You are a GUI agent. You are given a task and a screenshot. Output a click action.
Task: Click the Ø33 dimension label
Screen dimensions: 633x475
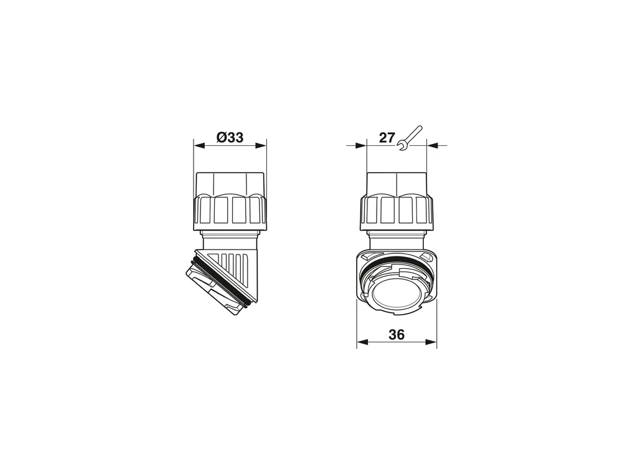(230, 137)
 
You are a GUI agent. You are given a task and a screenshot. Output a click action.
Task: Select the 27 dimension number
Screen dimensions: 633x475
(387, 138)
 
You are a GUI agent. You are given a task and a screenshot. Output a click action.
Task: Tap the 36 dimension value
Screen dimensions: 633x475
(397, 335)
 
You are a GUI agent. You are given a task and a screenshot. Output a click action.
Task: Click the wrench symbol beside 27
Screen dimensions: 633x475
(410, 138)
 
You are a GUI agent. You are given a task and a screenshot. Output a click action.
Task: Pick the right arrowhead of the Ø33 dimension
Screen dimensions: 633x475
(261, 146)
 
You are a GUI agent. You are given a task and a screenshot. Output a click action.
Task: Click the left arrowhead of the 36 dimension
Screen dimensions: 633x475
(362, 342)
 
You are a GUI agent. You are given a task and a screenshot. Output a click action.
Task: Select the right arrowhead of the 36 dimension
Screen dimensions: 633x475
(431, 342)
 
